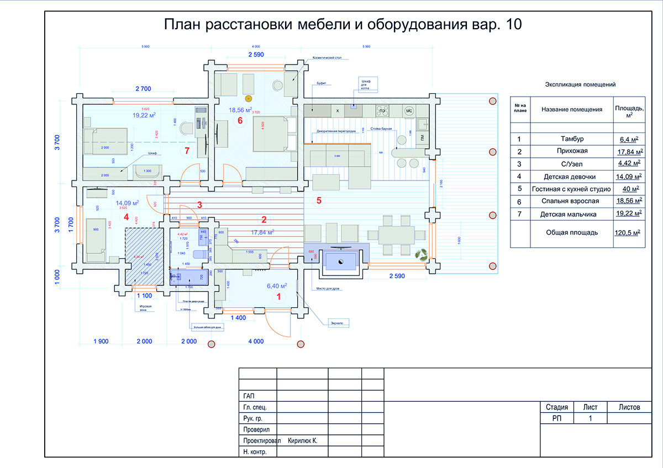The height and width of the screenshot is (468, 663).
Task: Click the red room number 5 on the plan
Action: point(318,200)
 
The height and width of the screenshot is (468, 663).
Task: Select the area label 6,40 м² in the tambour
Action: point(277,286)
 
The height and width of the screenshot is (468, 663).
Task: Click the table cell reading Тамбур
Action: point(571,139)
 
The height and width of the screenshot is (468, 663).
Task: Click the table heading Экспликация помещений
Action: point(580,84)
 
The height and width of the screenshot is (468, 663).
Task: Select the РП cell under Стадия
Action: point(556,419)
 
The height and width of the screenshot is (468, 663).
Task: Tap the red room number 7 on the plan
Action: point(187,150)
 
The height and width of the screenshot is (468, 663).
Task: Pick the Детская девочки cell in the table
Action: point(571,177)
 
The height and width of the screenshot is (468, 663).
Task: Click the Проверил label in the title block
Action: point(257,429)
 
